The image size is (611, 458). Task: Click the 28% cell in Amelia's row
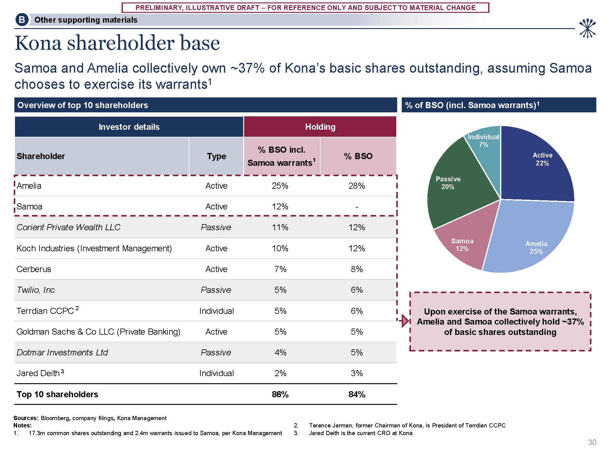[357, 186]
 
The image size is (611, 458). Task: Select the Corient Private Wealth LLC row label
[68, 227]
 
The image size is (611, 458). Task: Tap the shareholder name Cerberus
[34, 269]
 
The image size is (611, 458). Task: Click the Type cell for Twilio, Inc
[216, 290]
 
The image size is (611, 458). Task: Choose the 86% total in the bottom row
[280, 394]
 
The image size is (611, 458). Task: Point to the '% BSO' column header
[358, 156]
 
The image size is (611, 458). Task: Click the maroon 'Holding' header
[320, 127]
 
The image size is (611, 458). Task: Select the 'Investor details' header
[129, 127]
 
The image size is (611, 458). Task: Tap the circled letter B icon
[22, 20]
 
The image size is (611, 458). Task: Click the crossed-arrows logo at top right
[587, 28]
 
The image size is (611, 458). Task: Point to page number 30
[592, 442]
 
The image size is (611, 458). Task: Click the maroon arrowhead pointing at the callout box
[405, 321]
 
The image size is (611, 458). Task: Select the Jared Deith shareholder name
[38, 373]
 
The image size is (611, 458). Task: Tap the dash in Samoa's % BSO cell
[357, 207]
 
